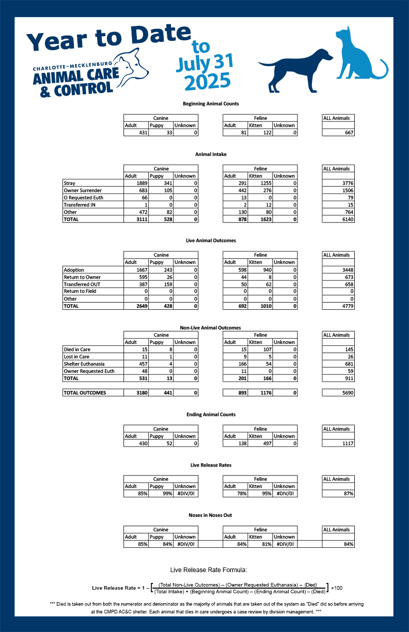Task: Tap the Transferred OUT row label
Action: coord(82,284)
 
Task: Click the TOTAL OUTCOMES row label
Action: coord(85,393)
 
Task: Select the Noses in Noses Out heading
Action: coord(211,515)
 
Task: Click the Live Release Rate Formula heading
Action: coord(209,570)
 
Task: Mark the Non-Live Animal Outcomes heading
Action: coord(211,327)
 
